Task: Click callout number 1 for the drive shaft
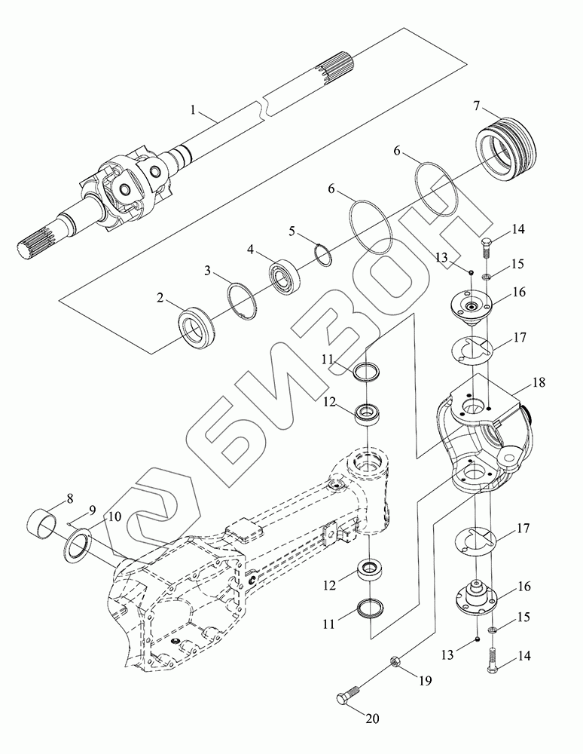point(194,110)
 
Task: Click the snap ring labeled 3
point(243,295)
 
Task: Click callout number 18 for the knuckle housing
point(539,383)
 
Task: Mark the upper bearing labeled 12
point(369,412)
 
